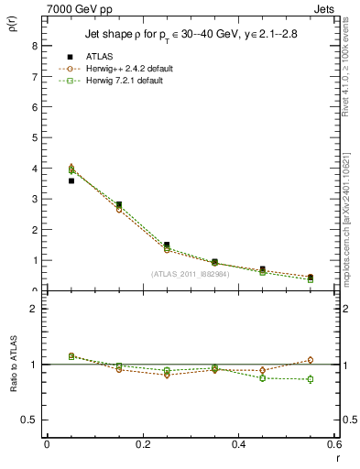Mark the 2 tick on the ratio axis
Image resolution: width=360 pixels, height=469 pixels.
pyautogui.click(x=35, y=309)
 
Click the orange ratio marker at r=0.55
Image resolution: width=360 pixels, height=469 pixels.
pyautogui.click(x=311, y=360)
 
